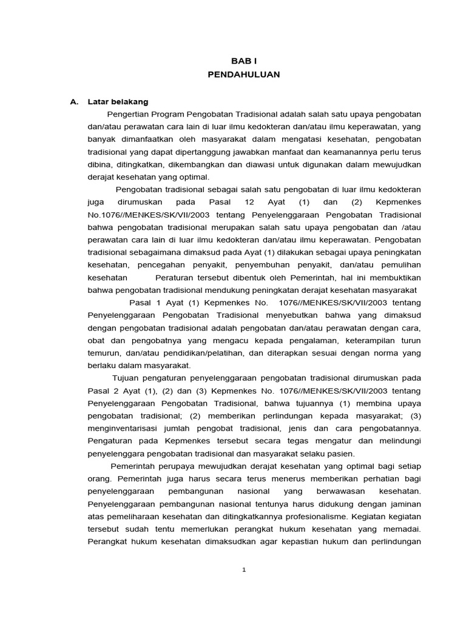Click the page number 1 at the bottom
(243, 569)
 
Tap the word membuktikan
(394, 277)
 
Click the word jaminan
(404, 503)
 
